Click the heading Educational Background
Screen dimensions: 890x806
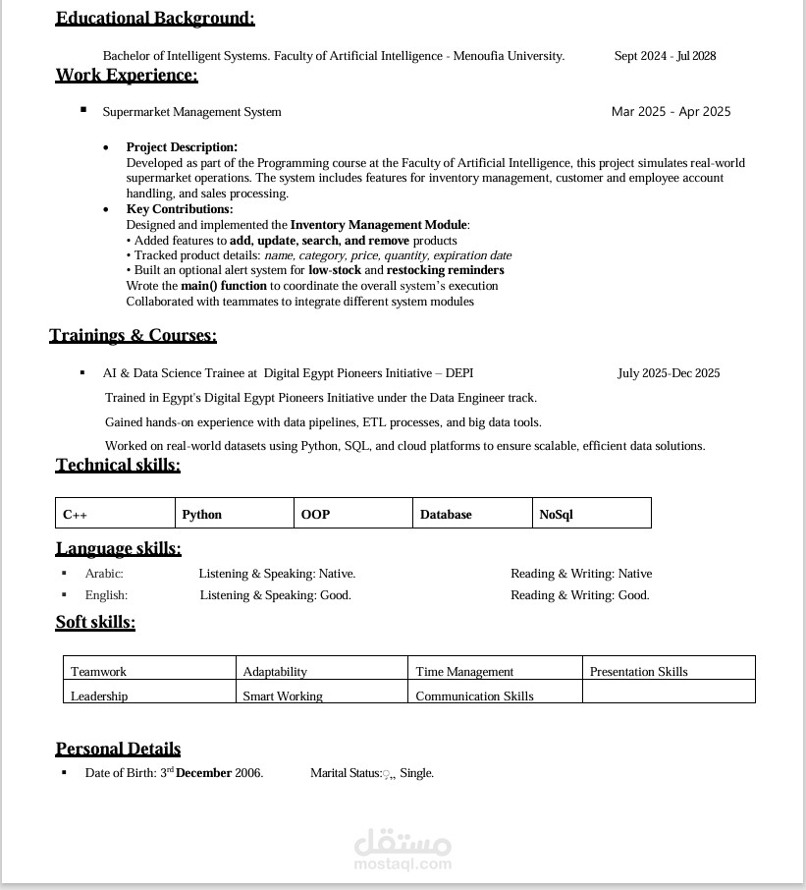point(155,18)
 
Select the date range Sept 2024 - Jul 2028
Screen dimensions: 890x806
point(665,56)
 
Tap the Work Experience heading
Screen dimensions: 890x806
point(127,75)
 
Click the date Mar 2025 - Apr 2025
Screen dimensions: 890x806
point(671,112)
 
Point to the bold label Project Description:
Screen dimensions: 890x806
point(182,147)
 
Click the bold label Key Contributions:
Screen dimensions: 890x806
point(180,209)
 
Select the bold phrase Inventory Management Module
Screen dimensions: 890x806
point(378,225)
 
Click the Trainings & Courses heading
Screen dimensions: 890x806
point(133,335)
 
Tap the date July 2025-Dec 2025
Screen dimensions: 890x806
point(669,373)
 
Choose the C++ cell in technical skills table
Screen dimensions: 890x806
point(115,514)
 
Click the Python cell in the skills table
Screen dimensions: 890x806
point(234,514)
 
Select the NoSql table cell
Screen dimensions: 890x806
point(592,514)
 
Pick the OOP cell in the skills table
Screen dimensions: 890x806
point(352,514)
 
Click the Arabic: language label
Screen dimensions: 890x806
point(104,574)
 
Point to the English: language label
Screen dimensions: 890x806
point(106,595)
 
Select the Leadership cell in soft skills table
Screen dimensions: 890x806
point(149,694)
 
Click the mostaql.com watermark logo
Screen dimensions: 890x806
point(403,850)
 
